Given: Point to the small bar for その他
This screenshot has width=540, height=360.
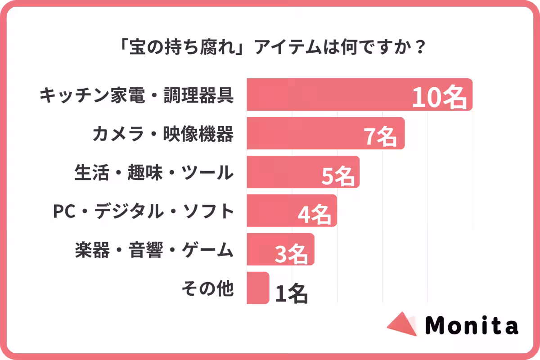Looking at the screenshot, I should point(257,288).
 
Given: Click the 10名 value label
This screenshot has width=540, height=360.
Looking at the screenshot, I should point(439,97).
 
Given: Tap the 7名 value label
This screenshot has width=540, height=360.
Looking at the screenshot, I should point(380,136).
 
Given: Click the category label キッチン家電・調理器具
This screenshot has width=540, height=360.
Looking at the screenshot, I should point(137,95).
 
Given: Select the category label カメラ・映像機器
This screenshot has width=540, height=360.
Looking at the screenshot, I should point(163,134).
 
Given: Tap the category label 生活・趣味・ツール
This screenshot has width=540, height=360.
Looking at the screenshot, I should point(154,172).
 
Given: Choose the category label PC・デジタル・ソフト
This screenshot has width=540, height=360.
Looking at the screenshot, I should point(144,211).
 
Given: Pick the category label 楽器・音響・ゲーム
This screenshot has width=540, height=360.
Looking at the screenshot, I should point(154,250).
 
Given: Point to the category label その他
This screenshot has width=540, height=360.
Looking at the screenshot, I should point(207,288).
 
